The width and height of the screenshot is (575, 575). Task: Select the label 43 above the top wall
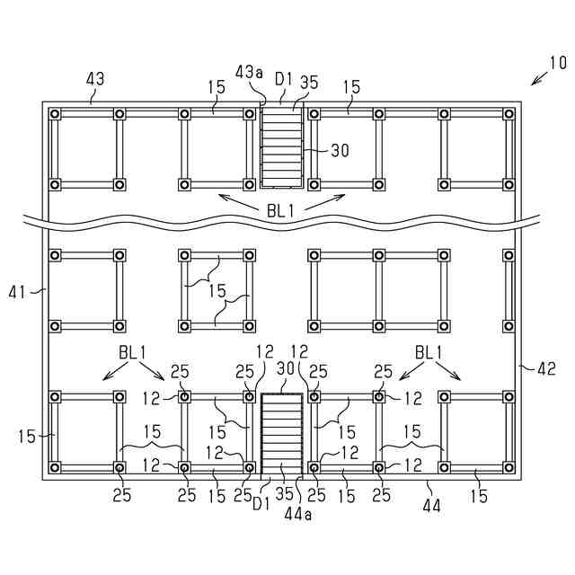(x=94, y=79)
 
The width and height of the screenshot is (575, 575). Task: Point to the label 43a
(x=249, y=72)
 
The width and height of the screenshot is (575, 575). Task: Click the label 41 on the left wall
(x=17, y=291)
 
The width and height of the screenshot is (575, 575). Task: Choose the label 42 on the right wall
(x=546, y=367)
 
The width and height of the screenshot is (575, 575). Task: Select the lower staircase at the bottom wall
(x=282, y=432)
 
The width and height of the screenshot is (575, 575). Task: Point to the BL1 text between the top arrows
(x=281, y=210)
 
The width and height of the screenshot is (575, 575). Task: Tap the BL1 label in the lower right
(x=429, y=351)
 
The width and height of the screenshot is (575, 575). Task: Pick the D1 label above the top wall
(x=284, y=79)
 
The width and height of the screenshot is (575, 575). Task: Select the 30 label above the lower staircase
(x=287, y=369)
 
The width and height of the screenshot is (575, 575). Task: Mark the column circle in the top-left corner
(x=55, y=114)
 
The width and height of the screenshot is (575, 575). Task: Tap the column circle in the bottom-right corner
(x=509, y=468)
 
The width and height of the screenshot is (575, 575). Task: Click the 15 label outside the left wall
(x=26, y=437)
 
